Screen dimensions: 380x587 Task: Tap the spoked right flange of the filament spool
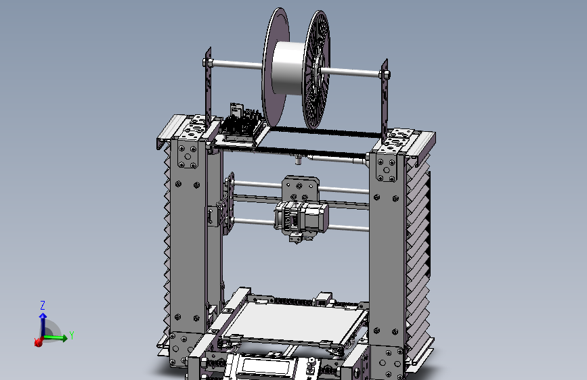[317, 71]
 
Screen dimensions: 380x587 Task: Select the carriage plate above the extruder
[299, 187]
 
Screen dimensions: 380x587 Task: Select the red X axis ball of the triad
[39, 343]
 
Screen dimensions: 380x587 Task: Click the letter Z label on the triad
[42, 305]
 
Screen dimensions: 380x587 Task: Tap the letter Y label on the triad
[72, 335]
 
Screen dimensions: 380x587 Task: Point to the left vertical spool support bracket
[209, 95]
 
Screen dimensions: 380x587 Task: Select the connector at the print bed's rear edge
[324, 298]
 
